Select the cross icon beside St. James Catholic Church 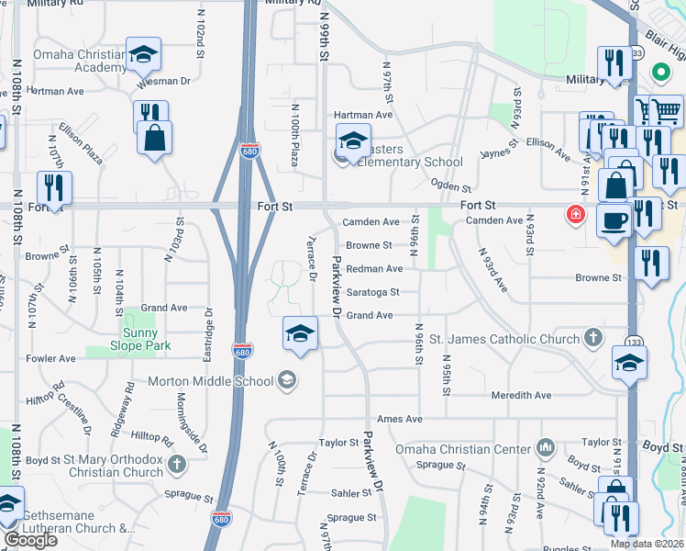tap(593, 339)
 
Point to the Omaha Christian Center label tap(463, 449)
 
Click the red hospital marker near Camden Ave tap(575, 215)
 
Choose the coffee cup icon tap(614, 220)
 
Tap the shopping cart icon tap(666, 111)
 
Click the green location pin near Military tap(658, 72)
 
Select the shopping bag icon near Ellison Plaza tap(155, 138)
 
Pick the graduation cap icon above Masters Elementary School tap(352, 141)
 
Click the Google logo tap(30, 540)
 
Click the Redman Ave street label tap(374, 269)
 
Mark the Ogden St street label tap(450, 186)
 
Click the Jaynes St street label tap(499, 143)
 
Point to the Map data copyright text tap(646, 544)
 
